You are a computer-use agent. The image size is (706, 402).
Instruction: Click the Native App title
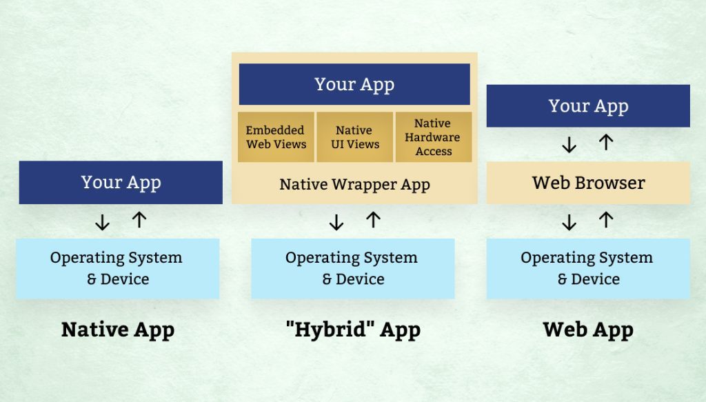tap(118, 330)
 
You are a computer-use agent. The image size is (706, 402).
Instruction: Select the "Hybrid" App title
tap(353, 330)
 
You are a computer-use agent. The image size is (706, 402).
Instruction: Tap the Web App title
tap(588, 330)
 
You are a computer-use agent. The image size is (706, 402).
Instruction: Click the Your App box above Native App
tap(121, 183)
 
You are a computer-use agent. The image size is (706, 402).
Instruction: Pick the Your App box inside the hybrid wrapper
tap(354, 84)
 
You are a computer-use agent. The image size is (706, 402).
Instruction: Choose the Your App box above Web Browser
tap(588, 106)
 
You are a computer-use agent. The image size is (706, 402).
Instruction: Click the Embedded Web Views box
tap(276, 137)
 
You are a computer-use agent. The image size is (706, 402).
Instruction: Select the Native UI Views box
tap(354, 137)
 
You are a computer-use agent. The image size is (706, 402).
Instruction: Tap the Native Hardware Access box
tap(433, 137)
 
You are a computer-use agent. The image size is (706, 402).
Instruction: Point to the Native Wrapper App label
tap(354, 185)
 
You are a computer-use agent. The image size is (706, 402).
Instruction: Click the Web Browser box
tap(588, 183)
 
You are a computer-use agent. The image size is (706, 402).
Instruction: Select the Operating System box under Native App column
tap(117, 268)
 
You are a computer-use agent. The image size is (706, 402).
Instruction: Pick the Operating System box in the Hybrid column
tap(352, 268)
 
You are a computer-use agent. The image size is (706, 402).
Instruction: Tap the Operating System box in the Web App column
tap(588, 268)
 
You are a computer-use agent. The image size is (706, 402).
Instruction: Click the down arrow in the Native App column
tap(102, 221)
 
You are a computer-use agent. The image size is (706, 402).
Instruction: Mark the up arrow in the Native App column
tap(139, 220)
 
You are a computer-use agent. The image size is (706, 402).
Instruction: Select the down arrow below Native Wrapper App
tap(336, 221)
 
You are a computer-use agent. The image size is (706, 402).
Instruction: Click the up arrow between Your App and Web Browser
tap(606, 143)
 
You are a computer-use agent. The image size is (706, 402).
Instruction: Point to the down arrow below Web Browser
tap(569, 221)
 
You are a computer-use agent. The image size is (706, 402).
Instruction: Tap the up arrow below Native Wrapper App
tap(373, 220)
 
